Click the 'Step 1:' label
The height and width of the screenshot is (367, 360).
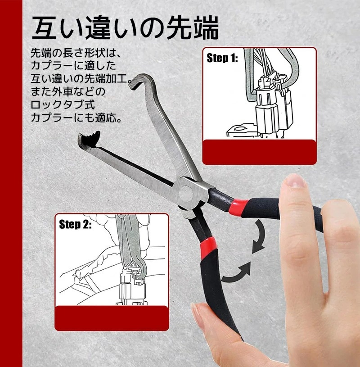coord(222,58)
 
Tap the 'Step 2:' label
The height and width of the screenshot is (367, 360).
coord(75,224)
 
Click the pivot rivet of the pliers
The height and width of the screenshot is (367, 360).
coord(186,193)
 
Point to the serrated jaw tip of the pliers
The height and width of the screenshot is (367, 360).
coord(89,140)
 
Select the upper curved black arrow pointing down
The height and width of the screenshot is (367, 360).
coord(260,236)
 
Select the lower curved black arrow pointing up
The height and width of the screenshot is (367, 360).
coord(236,274)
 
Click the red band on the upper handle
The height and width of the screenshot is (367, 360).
coord(238,207)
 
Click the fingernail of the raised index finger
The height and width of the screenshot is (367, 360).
coord(296,181)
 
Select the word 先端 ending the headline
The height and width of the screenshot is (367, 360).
coord(193,27)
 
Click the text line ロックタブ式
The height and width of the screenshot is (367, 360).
coord(63,104)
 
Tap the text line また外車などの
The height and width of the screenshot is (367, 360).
coord(68,92)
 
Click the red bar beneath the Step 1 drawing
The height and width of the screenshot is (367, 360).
coord(259,152)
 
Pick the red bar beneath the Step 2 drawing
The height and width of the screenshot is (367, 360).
coord(112,318)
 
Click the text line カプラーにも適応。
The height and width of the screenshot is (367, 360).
coord(76,118)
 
